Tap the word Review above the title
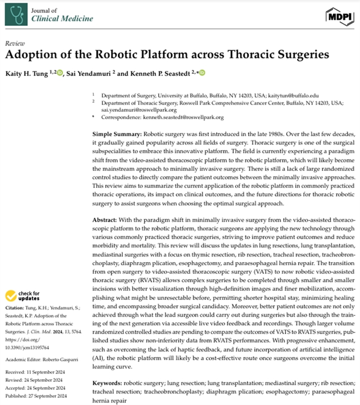click(12, 43)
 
